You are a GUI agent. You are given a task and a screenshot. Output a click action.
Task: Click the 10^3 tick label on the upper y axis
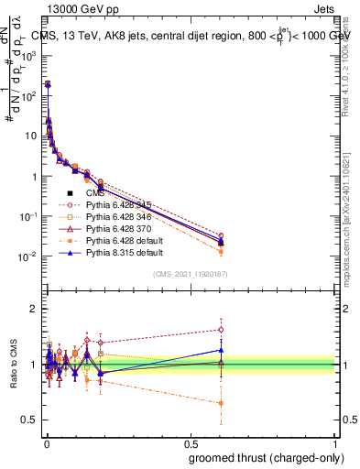tap(27, 56)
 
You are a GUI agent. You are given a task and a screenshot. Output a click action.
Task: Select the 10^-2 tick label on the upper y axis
tap(27, 256)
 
